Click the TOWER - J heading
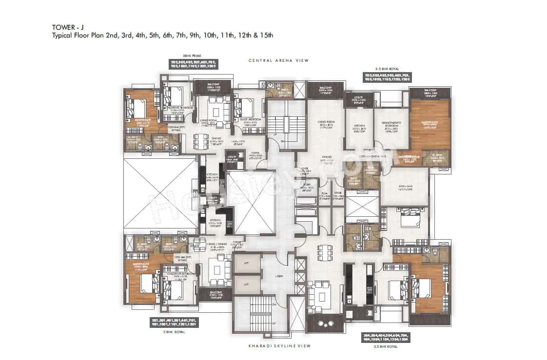(65, 27)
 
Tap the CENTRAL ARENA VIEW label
(279, 60)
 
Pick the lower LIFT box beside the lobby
(246, 284)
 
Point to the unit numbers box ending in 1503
(388, 78)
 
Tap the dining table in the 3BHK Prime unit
(200, 141)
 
